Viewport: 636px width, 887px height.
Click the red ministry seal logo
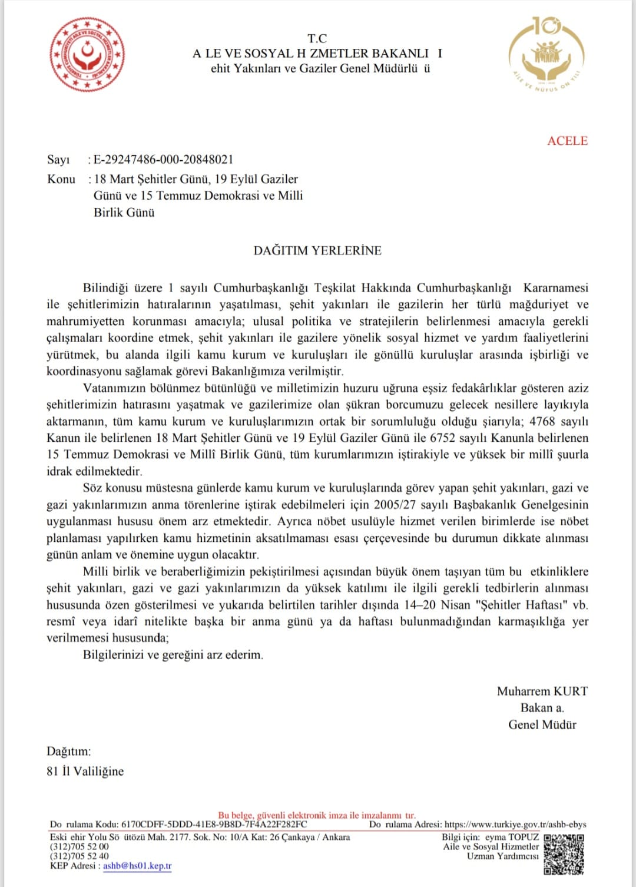tap(87, 54)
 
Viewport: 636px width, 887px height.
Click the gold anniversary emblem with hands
tap(547, 55)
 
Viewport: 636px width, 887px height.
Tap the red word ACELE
tap(567, 141)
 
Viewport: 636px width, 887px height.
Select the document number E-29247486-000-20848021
tap(163, 160)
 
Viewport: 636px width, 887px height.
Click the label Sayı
tap(58, 160)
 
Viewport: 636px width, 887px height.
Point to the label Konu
tap(61, 179)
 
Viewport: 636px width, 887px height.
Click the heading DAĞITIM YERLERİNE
tap(317, 250)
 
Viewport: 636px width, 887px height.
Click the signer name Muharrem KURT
tap(542, 691)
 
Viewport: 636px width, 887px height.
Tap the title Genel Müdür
tap(542, 724)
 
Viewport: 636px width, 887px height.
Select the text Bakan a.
tap(542, 708)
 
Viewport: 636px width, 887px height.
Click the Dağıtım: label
tap(69, 752)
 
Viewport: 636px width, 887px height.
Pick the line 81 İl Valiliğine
tap(85, 771)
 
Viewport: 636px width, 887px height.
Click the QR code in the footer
tap(564, 853)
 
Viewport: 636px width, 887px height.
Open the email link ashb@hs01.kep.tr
tap(137, 866)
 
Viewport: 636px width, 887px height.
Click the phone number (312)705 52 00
tap(79, 846)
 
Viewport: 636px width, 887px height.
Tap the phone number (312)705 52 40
tap(79, 856)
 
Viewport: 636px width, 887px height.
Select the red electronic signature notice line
tap(317, 816)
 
